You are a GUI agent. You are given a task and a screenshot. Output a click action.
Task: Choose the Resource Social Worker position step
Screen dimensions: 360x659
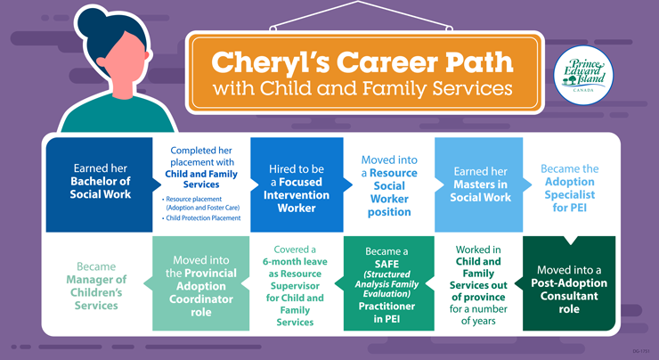coord(388,187)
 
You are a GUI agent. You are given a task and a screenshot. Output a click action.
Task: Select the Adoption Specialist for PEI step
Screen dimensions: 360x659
coord(570,187)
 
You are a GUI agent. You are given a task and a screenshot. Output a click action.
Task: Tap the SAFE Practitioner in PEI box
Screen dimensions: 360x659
coord(388,284)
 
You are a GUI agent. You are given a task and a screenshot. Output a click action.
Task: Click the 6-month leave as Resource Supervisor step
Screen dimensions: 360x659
coord(294,285)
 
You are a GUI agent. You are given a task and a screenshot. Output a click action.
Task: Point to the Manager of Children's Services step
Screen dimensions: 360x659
coord(95,285)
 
